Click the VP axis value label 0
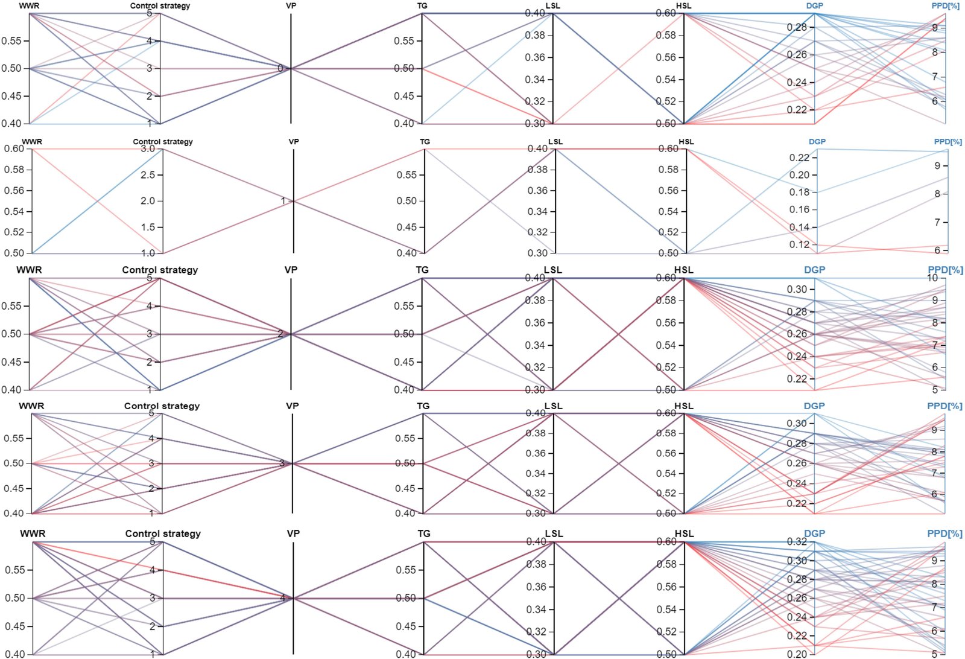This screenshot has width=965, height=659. pos(280,68)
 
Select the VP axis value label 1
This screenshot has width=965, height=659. pos(283,201)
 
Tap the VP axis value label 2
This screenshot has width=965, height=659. pos(280,334)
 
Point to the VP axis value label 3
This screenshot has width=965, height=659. pos(282,463)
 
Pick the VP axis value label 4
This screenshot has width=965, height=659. pos(282,598)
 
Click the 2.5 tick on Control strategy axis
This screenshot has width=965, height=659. pos(147,175)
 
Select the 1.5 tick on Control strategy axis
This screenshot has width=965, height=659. pos(147,227)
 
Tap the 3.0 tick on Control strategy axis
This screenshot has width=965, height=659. pos(147,148)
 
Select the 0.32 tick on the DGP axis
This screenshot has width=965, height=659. pos(797,541)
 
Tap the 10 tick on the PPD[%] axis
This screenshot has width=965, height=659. pos(932,278)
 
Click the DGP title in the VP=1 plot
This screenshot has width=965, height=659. pos(817,142)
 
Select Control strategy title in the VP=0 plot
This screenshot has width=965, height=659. pos(160,6)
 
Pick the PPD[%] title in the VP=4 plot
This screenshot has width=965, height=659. pos(944,533)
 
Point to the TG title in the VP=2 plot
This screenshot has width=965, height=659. pos(422,270)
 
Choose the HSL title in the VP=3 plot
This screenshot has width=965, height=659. pos(684,406)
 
